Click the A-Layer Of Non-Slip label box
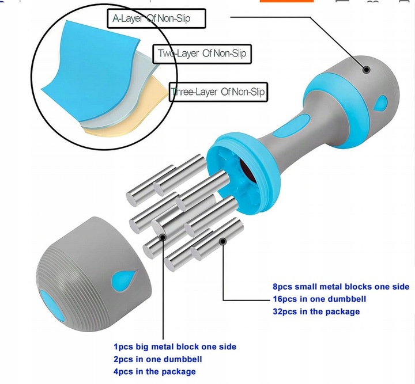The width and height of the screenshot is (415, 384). (x=156, y=18)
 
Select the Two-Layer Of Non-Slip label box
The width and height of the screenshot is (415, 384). (x=202, y=54)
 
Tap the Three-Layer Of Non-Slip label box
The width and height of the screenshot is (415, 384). (x=218, y=92)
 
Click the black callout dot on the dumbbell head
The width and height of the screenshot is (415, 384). (x=367, y=70)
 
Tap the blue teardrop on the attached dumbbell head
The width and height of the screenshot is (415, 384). (x=380, y=103)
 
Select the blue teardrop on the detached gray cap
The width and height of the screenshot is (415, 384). (x=124, y=280)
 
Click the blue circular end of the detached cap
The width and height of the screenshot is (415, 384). (x=52, y=306)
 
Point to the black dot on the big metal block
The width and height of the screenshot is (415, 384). (x=163, y=237)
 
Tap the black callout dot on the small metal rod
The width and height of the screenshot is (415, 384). (x=223, y=241)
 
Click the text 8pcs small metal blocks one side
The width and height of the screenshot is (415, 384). (x=341, y=287)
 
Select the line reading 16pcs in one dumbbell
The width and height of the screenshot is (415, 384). (x=319, y=299)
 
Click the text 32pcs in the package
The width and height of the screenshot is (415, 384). (x=316, y=311)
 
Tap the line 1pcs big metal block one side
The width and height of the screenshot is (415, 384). (x=175, y=347)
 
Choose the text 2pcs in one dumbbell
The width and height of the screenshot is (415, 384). (x=158, y=359)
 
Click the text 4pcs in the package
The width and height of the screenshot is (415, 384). (x=154, y=371)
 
